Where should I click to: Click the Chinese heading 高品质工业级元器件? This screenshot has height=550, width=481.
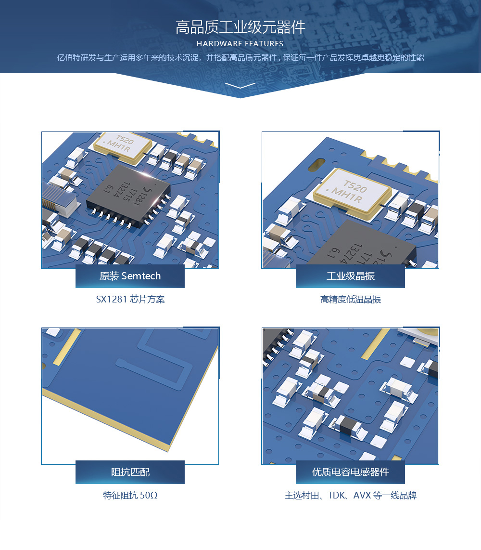pos(240,27)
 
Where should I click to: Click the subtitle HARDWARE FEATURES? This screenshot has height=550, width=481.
pos(240,44)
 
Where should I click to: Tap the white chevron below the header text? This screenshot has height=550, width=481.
pos(240,85)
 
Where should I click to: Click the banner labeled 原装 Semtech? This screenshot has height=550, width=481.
pos(130,276)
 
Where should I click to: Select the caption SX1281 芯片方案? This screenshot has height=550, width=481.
pos(130,299)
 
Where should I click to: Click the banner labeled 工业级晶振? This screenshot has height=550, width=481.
pos(350,276)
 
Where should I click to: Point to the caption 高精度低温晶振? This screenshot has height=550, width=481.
pos(350,299)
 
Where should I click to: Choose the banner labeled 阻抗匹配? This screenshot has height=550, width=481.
pos(130,472)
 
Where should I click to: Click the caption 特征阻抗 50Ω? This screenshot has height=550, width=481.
pos(130,495)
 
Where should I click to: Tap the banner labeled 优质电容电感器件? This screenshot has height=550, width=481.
pos(350,472)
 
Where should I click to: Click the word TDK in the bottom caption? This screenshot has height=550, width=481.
pos(336,495)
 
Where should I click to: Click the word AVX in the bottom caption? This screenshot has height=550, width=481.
pos(362,495)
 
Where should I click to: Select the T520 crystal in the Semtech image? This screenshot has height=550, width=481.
pos(123,147)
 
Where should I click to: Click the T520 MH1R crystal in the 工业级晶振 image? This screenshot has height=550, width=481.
pos(352,194)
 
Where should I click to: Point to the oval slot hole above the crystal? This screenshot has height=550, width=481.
pos(316,165)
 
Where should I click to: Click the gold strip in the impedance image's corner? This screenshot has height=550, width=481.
pos(66,347)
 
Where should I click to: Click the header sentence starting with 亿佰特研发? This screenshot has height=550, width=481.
pos(240,57)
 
